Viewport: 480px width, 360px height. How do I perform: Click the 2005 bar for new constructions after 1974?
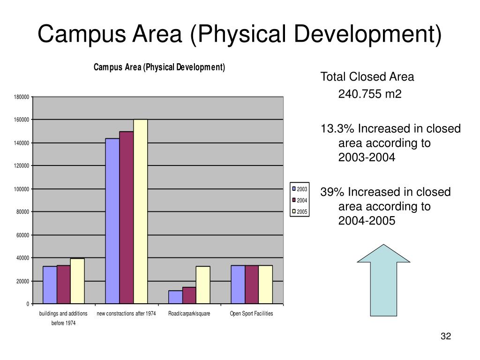coord(141,211)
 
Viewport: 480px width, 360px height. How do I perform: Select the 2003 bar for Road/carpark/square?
coord(175,297)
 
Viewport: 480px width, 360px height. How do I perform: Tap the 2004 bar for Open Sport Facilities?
coord(252,285)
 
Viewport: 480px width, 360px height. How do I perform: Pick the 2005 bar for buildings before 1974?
coord(77,281)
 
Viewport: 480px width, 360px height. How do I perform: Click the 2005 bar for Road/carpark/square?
coord(203,285)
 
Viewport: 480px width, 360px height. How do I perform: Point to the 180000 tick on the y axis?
coord(22,97)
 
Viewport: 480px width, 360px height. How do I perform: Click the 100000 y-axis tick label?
coord(22,189)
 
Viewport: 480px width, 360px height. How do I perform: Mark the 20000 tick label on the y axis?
coord(22,281)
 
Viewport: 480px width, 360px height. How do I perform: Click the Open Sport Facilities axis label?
coord(251,314)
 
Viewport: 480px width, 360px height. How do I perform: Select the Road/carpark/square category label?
coord(189,314)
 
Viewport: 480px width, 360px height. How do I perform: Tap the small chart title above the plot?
coord(159,67)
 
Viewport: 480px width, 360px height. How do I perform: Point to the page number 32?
coord(445,336)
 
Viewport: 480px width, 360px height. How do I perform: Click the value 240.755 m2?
coord(370,95)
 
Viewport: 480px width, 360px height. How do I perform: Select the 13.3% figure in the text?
coord(335,128)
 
